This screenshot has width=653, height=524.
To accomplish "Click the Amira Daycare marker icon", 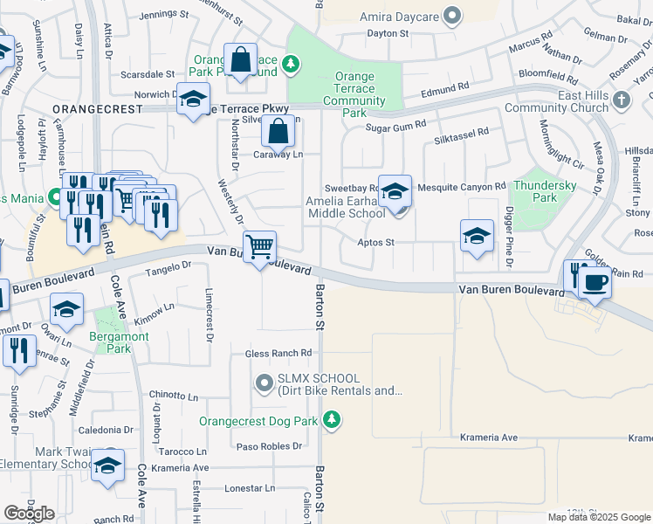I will [451, 15].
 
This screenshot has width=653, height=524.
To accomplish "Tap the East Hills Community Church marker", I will [622, 100].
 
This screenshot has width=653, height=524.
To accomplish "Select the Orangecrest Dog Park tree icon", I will [331, 421].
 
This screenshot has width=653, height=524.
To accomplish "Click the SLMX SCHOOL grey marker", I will [265, 383].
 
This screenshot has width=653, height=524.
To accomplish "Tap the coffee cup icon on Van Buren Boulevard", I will [595, 283].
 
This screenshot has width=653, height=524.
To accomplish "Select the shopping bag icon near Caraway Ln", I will [278, 132].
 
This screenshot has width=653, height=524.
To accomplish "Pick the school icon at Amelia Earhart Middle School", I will [395, 190].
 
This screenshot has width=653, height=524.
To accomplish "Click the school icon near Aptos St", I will [477, 235].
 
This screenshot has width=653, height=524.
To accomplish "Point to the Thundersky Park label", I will [546, 191].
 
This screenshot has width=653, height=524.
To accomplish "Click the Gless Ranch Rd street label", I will [278, 353].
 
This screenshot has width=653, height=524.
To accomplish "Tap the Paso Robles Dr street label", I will [270, 445].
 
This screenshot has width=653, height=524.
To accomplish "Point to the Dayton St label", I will [388, 33].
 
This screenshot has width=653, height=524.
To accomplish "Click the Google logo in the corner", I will [29, 514].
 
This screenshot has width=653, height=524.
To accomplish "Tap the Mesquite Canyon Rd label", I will [461, 186].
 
